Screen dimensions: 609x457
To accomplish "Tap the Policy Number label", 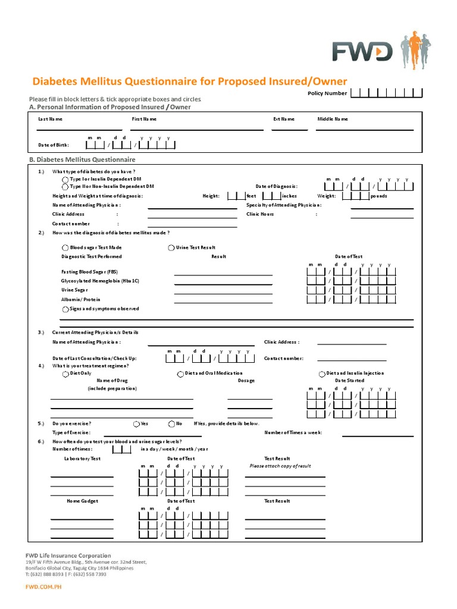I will (327, 93).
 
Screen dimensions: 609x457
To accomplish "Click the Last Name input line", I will (79, 128).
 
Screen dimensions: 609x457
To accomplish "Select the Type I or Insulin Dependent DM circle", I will (65, 179).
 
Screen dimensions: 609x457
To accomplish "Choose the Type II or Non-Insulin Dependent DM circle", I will (65, 186).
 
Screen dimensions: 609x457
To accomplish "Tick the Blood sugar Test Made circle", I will (65, 247).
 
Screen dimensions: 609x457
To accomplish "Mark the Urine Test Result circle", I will (171, 247).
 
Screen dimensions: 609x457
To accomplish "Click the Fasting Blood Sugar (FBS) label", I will (89, 271).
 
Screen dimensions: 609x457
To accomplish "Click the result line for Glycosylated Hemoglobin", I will (223, 284).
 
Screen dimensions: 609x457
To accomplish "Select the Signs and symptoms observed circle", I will (65, 309).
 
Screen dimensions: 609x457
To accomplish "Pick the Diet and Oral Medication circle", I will (180, 373).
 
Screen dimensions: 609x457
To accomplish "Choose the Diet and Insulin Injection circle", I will (323, 373).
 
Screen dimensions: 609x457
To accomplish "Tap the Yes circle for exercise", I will (136, 423).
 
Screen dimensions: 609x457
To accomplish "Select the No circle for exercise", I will (171, 423).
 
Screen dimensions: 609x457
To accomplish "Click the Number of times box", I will (121, 449).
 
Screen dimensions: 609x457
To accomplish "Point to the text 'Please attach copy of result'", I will (280, 466).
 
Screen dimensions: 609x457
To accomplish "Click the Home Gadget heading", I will (82, 501).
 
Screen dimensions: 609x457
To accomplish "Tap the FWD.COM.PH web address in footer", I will (43, 586).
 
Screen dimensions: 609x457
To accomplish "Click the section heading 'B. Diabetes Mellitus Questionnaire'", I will (82, 160).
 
